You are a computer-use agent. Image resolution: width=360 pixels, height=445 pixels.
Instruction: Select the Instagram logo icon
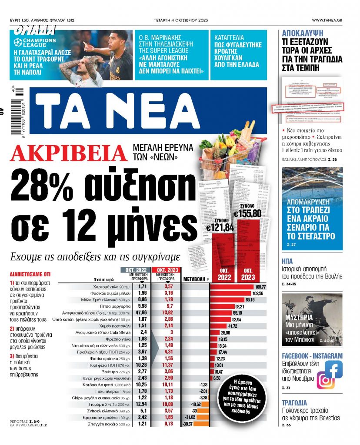325,380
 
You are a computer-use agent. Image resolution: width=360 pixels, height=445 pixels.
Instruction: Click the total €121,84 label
220,226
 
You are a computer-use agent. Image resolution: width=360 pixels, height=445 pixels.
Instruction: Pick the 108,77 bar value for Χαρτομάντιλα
260,287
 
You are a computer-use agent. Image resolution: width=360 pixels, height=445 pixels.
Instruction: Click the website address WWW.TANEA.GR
333,20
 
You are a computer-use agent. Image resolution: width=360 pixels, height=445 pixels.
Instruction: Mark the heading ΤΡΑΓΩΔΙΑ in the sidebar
294,402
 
